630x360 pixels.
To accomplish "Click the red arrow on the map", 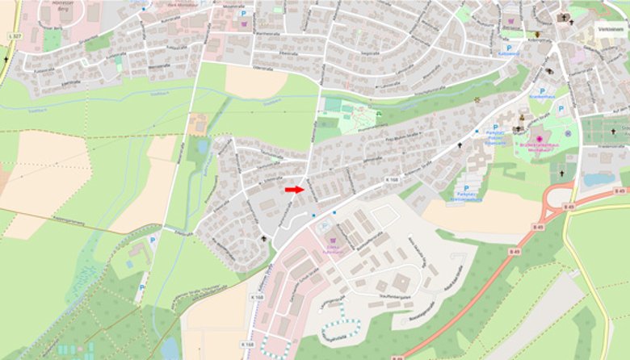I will click(x=294, y=189).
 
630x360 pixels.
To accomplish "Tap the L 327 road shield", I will click(x=15, y=37).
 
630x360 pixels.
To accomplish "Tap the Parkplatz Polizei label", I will click(x=495, y=139).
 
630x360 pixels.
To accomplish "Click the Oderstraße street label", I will click(x=263, y=69).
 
